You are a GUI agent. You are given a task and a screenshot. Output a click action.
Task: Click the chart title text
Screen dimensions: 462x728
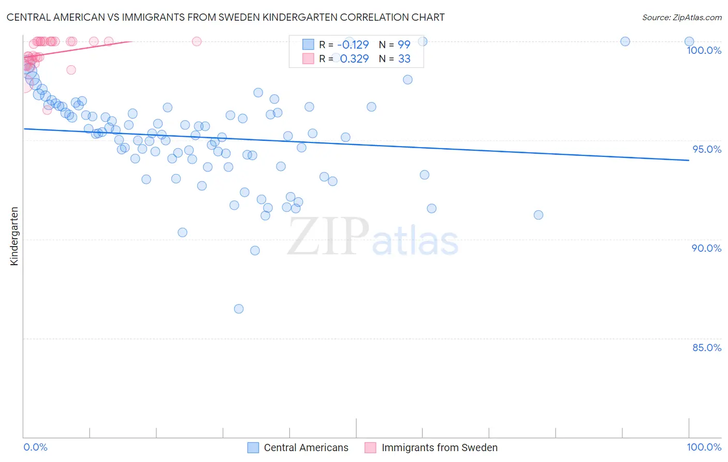click(x=225, y=17)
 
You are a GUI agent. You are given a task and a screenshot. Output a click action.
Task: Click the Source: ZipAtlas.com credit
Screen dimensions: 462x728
click(x=681, y=17)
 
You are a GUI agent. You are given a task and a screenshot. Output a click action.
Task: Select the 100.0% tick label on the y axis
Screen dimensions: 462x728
click(x=704, y=50)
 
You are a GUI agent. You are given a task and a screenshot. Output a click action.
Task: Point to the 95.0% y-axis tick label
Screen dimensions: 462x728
click(x=707, y=149)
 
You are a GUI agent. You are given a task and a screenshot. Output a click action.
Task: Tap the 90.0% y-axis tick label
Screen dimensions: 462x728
click(x=707, y=248)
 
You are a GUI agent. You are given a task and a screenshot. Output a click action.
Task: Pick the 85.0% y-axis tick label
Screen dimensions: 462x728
click(x=707, y=348)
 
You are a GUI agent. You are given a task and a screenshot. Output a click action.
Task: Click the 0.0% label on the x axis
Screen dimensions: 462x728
click(x=35, y=447)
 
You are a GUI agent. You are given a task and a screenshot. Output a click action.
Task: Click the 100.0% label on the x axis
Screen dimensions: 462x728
click(x=704, y=447)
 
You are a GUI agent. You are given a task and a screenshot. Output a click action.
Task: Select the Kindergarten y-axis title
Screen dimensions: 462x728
click(x=14, y=236)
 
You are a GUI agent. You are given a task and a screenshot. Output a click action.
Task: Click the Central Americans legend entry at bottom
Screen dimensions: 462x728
click(x=305, y=447)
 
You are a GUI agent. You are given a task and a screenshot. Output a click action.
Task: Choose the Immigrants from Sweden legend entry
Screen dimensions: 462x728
click(x=439, y=447)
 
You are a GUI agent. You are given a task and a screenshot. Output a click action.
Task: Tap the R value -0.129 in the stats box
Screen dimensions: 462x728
click(x=353, y=45)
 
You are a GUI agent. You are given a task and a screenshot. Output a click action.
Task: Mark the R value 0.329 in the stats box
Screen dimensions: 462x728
click(x=354, y=59)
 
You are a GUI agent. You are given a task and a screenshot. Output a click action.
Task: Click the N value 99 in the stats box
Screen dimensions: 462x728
click(x=404, y=45)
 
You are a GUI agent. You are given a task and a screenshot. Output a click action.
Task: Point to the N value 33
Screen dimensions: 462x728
click(x=404, y=59)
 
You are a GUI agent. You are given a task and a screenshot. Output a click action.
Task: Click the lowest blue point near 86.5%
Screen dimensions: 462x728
click(x=239, y=309)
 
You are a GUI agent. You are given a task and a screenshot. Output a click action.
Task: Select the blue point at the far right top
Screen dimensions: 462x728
click(x=689, y=41)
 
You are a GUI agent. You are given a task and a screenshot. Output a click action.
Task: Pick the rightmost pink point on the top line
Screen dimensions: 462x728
click(x=197, y=41)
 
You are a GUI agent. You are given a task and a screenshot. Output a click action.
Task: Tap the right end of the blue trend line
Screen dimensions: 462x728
click(x=689, y=161)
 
